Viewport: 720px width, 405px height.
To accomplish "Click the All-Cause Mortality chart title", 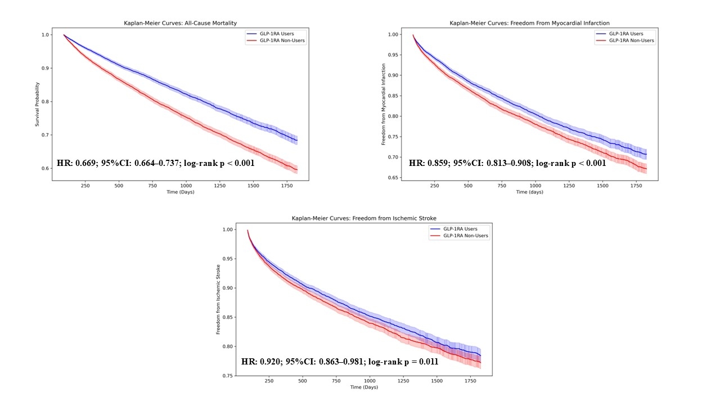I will click(181, 23).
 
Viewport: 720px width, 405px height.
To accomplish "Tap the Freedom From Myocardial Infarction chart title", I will click(529, 23).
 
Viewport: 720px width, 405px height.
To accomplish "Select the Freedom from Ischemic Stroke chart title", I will click(364, 218).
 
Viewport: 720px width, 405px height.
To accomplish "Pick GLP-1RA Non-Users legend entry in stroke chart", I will click(466, 236).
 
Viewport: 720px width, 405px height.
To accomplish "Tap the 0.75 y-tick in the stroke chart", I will click(228, 376).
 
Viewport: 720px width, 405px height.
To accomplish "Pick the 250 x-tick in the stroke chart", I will click(269, 381).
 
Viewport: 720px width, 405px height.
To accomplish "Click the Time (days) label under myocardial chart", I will click(529, 192).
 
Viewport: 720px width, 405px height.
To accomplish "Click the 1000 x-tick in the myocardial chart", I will click(535, 186).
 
